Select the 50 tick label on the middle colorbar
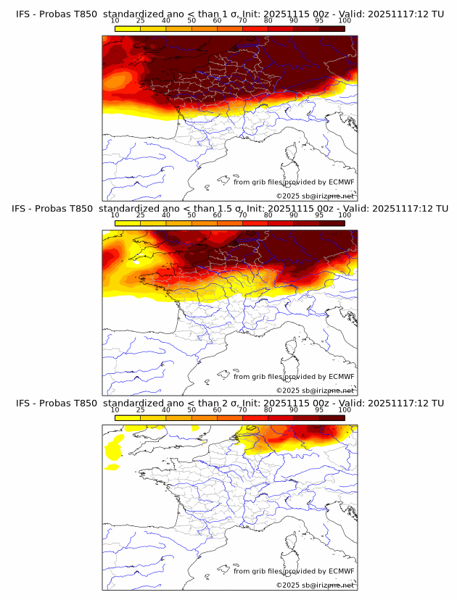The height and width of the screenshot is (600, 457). click(x=192, y=214)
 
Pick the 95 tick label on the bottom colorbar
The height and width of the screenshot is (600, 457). click(x=319, y=409)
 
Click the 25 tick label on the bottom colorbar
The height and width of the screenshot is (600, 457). click(x=140, y=409)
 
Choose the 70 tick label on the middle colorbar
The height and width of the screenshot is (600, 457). click(x=242, y=214)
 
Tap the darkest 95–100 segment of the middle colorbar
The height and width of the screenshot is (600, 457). click(x=332, y=223)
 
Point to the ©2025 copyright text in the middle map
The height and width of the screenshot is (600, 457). click(x=315, y=390)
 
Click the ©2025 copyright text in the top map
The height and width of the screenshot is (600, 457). click(x=315, y=196)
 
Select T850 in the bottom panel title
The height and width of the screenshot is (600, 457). click(x=85, y=403)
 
